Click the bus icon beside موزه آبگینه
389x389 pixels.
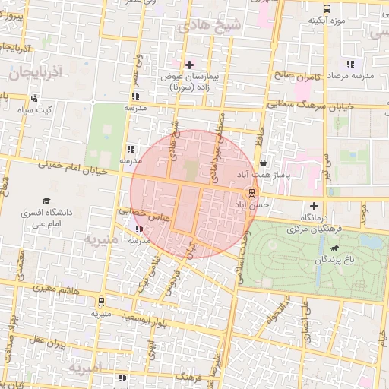click(327, 8)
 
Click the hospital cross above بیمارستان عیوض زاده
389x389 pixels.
click(189, 64)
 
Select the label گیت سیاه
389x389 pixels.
click(38, 110)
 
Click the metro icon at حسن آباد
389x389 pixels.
click(252, 193)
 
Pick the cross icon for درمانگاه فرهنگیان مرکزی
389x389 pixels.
click(314, 206)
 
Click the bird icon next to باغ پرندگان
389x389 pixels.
click(334, 248)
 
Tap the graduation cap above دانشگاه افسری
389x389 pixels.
click(46, 201)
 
